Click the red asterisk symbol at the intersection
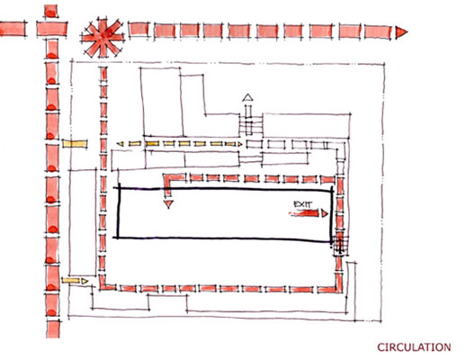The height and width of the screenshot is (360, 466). point(103,38)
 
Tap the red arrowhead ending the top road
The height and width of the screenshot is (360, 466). point(401,32)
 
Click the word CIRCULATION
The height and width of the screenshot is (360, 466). point(414,347)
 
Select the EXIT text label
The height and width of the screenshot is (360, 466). point(302,204)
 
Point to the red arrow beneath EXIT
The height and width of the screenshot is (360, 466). point(309,213)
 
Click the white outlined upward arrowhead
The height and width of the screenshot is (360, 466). point(247,97)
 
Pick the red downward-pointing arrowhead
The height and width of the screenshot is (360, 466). point(168,204)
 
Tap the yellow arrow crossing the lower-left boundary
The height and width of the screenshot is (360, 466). point(75,281)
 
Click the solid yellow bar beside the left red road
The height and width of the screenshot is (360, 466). point(75,144)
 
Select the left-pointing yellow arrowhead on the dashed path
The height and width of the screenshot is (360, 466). point(120,144)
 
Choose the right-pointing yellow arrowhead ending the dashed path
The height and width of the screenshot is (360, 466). point(239,144)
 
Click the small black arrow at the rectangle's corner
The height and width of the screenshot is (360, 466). point(340,245)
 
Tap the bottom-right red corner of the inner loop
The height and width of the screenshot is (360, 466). point(339,287)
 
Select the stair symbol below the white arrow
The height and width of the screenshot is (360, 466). point(251,125)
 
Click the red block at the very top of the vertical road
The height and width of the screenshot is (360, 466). point(50,12)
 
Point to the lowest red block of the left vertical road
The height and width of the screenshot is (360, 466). point(53,329)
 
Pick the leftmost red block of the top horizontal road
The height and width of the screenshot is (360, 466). point(13,30)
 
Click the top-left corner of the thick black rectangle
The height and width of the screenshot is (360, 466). point(119,188)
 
